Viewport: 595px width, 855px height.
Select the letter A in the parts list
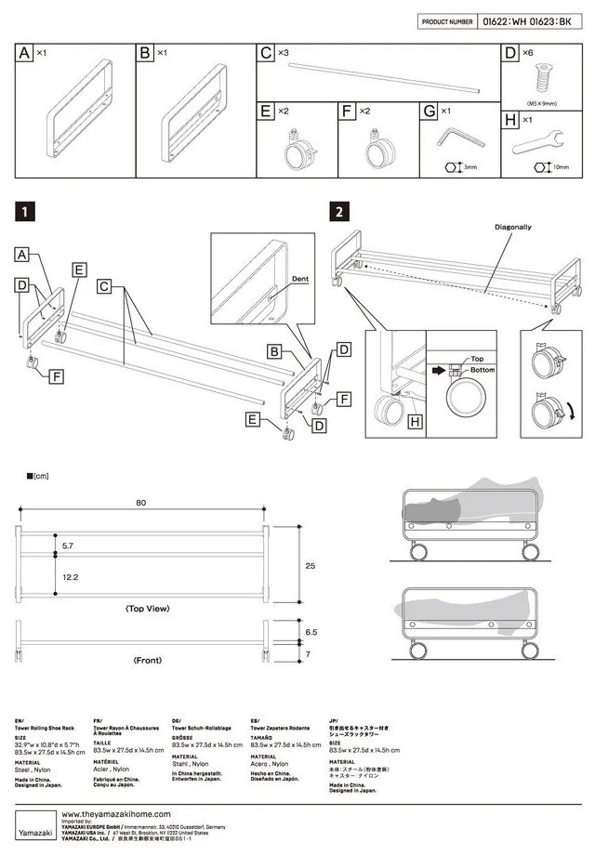click(x=25, y=54)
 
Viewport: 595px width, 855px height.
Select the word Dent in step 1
click(x=299, y=277)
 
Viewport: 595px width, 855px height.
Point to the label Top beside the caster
click(x=477, y=357)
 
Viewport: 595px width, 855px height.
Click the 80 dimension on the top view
click(x=141, y=503)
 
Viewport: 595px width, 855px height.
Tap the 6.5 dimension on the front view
click(x=310, y=631)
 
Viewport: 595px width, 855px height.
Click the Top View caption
click(x=147, y=609)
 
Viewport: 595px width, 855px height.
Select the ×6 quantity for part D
click(x=527, y=54)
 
